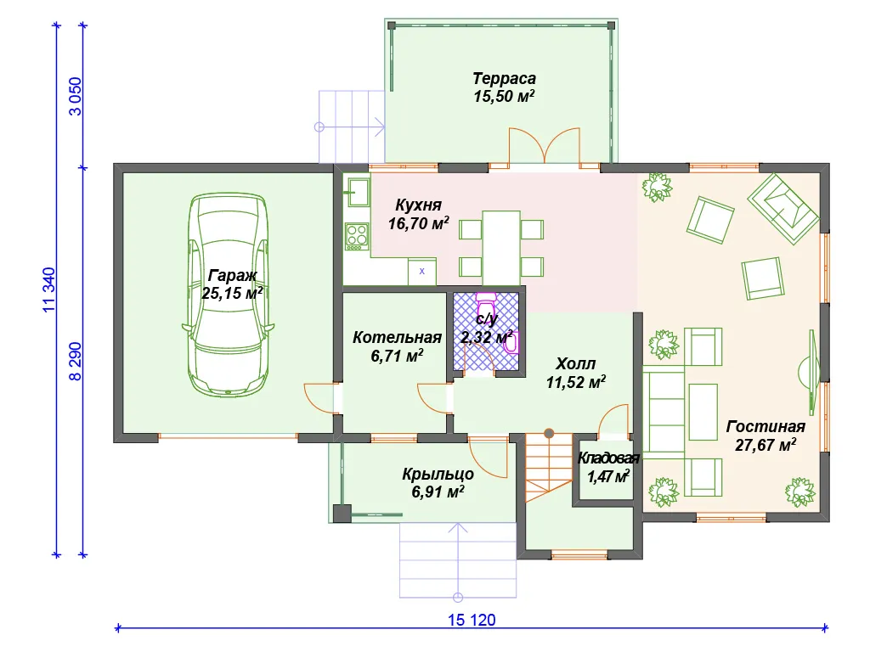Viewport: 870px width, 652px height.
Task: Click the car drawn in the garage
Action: pyautogui.click(x=229, y=295)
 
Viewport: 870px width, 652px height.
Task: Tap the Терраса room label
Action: pyautogui.click(x=504, y=78)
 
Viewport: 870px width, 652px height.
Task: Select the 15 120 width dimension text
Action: pyautogui.click(x=472, y=620)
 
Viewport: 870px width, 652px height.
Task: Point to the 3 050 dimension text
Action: pyautogui.click(x=75, y=96)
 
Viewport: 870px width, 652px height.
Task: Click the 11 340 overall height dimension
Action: pyautogui.click(x=48, y=289)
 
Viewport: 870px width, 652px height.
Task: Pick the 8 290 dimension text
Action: pyautogui.click(x=75, y=361)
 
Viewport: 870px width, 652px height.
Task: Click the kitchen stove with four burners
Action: pyautogui.click(x=357, y=236)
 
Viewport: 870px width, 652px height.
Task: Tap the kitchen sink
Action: pyautogui.click(x=357, y=192)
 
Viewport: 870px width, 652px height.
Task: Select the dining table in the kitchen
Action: pyautogui.click(x=501, y=247)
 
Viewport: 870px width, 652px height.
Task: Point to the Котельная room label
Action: pyautogui.click(x=397, y=337)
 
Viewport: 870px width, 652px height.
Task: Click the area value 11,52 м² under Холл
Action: pyautogui.click(x=575, y=382)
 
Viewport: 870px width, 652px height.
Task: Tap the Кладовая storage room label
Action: pyautogui.click(x=608, y=458)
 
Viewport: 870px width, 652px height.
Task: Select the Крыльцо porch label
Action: pyautogui.click(x=438, y=474)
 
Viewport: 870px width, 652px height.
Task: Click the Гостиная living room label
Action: pyautogui.click(x=765, y=426)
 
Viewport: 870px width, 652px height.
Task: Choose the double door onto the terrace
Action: pyautogui.click(x=545, y=146)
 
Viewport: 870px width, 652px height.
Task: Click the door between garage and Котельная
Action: pyautogui.click(x=323, y=398)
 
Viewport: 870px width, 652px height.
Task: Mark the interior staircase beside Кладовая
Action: pyautogui.click(x=549, y=468)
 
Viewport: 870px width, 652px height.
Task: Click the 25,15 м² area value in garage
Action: pyautogui.click(x=232, y=293)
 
